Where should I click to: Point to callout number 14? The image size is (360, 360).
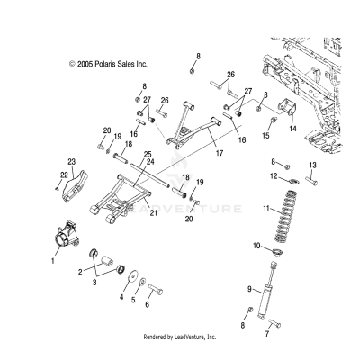[x=292, y=129]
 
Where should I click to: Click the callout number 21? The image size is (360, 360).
[x=153, y=212]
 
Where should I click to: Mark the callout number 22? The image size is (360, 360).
[x=64, y=174]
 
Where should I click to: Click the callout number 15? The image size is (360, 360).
[x=265, y=135]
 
